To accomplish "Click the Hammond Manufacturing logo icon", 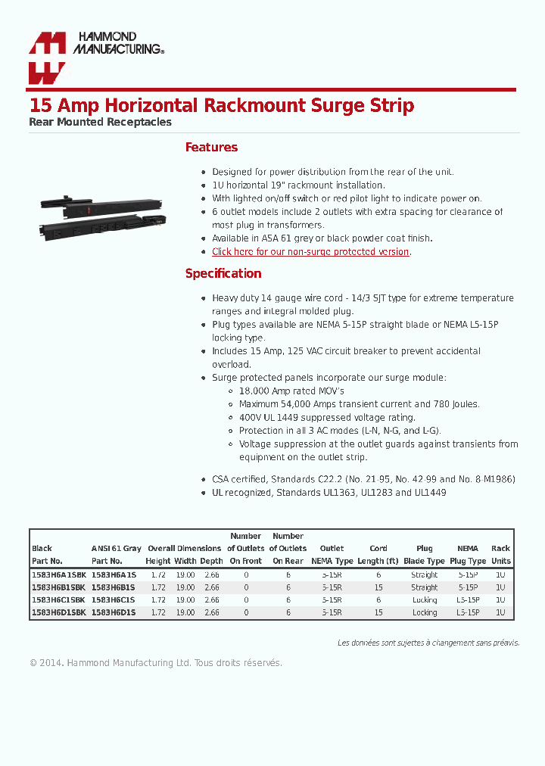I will [47, 58].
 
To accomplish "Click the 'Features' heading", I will [211, 147].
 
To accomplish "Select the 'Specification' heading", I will [223, 273].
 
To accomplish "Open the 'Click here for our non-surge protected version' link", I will [310, 251].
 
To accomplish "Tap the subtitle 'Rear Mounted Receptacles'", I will [100, 122].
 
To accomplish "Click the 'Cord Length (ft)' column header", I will [378, 554].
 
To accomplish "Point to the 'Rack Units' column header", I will [500, 554].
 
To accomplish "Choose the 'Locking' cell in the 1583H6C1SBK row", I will [425, 600].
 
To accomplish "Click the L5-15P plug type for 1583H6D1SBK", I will [468, 612].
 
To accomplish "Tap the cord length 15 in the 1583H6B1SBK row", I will [378, 587].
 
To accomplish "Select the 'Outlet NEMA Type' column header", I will [332, 554].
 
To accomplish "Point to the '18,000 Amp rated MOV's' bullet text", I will [291, 391].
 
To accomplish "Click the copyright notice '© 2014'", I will [45, 663].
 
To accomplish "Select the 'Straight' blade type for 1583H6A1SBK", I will [425, 575].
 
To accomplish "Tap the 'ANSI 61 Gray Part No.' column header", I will [116, 554].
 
